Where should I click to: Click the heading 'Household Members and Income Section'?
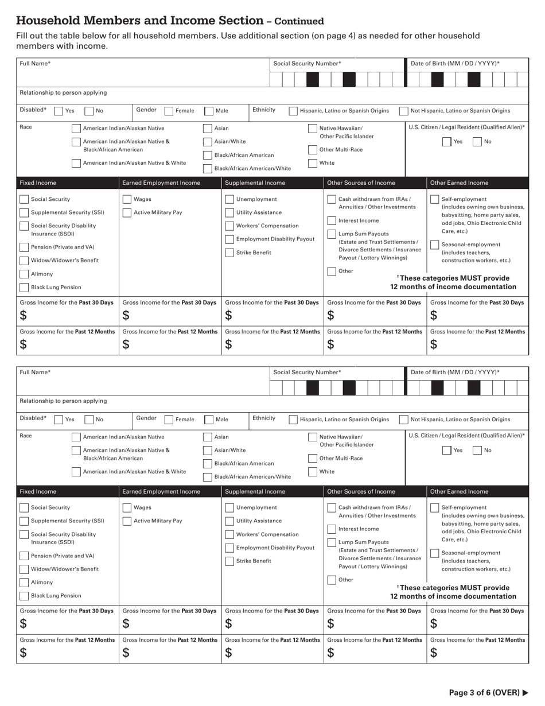(139, 21)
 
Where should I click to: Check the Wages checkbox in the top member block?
(127, 200)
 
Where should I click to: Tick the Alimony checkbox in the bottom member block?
(24, 583)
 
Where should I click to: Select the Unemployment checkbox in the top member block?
(229, 200)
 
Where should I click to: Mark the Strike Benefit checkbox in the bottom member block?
(229, 561)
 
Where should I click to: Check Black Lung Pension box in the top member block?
(24, 288)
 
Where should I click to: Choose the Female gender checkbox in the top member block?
(169, 111)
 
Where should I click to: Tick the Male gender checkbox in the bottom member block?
(209, 420)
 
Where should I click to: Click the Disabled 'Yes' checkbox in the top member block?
(59, 111)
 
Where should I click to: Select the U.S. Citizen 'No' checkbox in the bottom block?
(477, 451)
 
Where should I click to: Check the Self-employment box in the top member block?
(435, 200)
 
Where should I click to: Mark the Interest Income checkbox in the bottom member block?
(332, 529)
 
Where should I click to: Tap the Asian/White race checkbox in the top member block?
(208, 142)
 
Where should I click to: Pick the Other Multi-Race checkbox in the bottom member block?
(313, 459)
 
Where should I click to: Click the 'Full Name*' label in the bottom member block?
(36, 373)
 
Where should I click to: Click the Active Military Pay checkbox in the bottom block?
(127, 521)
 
